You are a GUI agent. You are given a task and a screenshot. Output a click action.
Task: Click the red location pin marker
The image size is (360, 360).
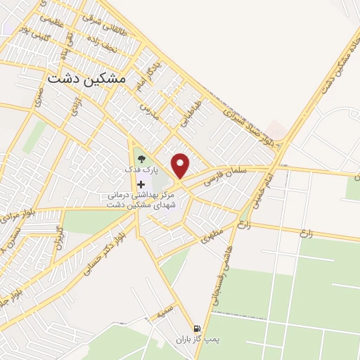click(x=181, y=165)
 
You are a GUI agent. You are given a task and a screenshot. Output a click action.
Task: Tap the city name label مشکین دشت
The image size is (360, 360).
click(x=86, y=79)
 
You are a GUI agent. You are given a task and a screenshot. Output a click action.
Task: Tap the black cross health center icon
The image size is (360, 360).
click(x=141, y=184)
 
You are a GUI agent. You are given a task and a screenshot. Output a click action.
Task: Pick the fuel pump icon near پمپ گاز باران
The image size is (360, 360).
click(x=196, y=328)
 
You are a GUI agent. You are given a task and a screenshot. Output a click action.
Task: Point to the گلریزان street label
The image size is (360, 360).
click(x=61, y=239)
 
